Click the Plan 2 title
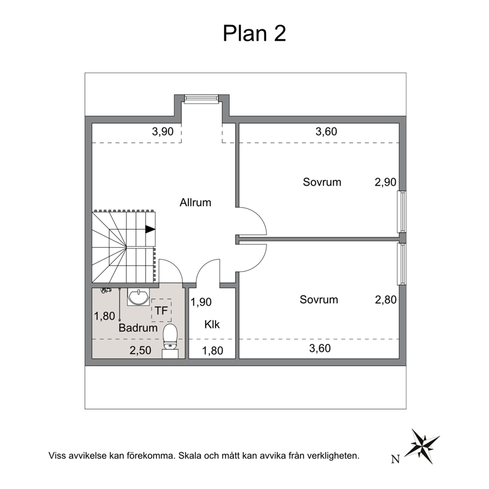pyautogui.click(x=254, y=34)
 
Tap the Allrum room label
pyautogui.click(x=195, y=203)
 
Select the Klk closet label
pyautogui.click(x=212, y=324)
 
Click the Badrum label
pyautogui.click(x=138, y=328)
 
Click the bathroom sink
pyautogui.click(x=138, y=297)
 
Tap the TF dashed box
pyautogui.click(x=161, y=310)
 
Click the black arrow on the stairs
pyautogui.click(x=150, y=229)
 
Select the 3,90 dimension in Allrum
pyautogui.click(x=163, y=132)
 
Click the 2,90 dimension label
pyautogui.click(x=385, y=182)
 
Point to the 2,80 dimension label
pyautogui.click(x=386, y=300)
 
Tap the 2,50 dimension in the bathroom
pyautogui.click(x=140, y=350)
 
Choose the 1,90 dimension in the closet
pyautogui.click(x=201, y=302)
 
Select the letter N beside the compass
pyautogui.click(x=395, y=459)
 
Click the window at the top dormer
pyautogui.click(x=202, y=99)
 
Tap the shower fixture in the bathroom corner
pyautogui.click(x=106, y=290)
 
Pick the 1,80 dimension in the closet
pyautogui.click(x=212, y=350)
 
